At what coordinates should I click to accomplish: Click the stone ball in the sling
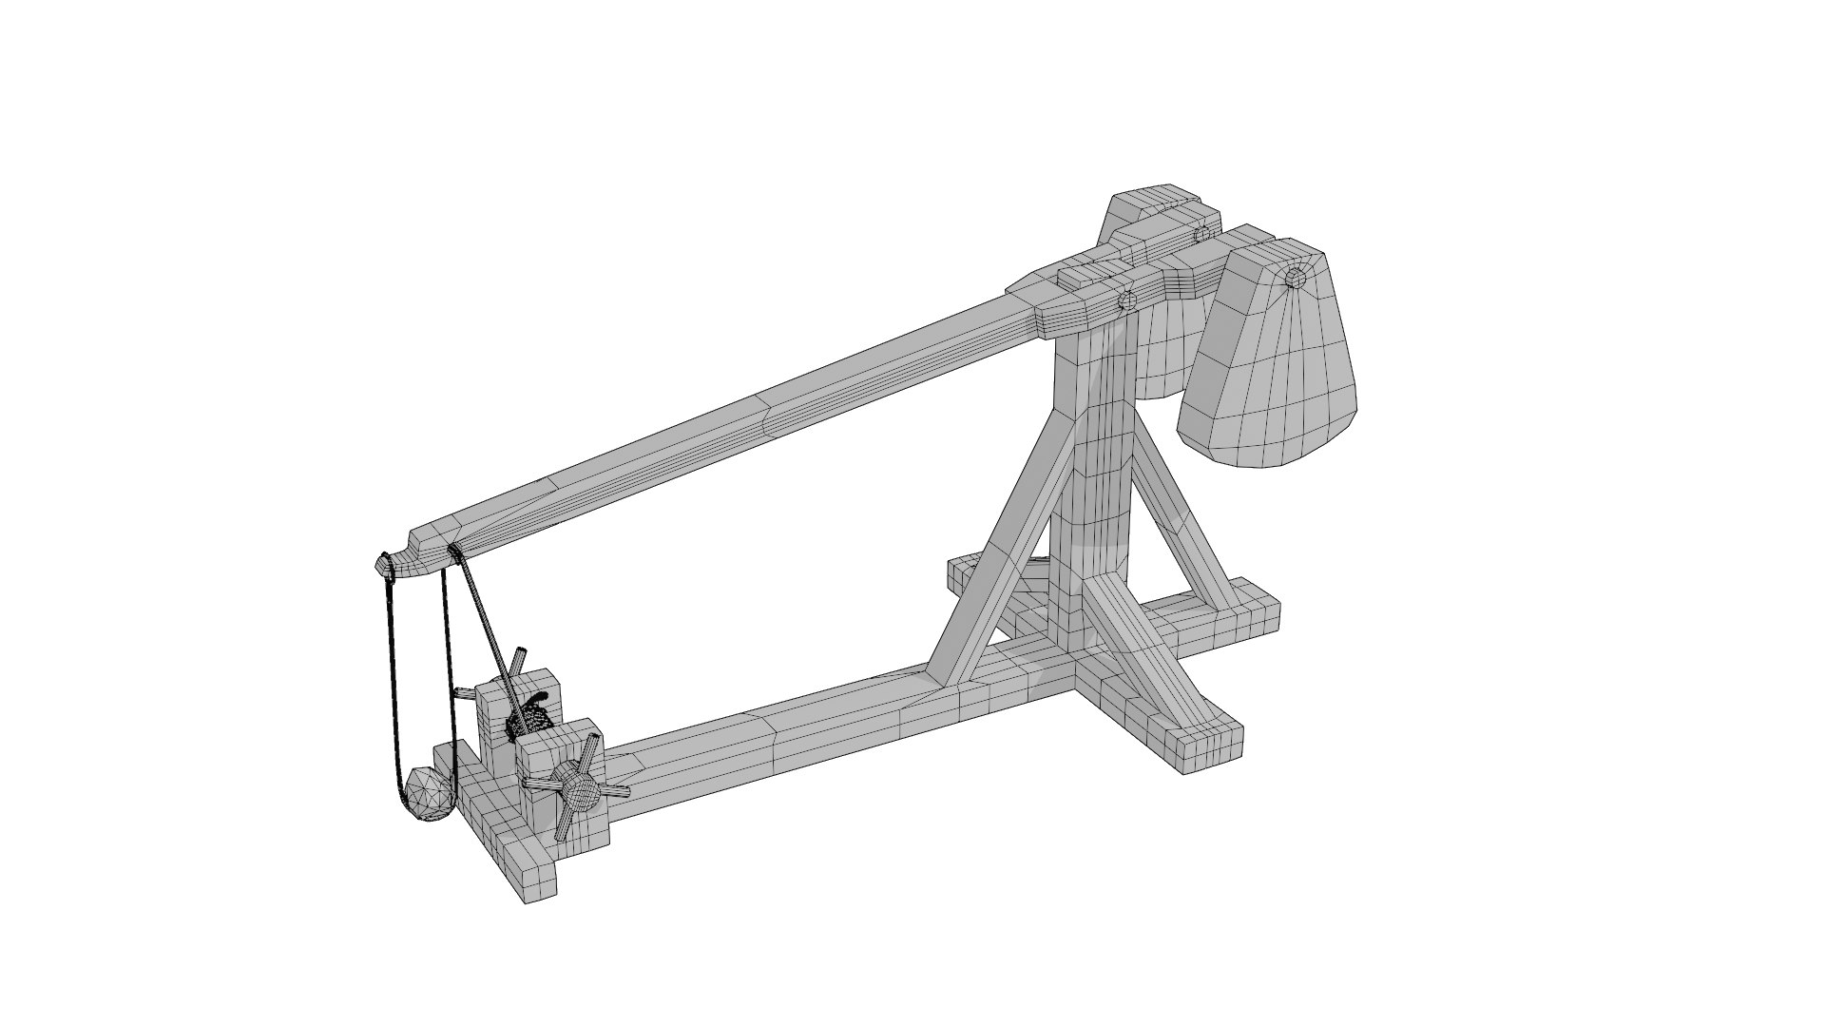click(x=428, y=792)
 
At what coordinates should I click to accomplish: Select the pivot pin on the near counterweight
click(x=1294, y=278)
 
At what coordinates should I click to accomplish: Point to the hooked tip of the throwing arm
click(x=384, y=564)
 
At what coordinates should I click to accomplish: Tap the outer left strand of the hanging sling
click(x=389, y=685)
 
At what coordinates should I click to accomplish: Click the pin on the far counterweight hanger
click(x=1201, y=234)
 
